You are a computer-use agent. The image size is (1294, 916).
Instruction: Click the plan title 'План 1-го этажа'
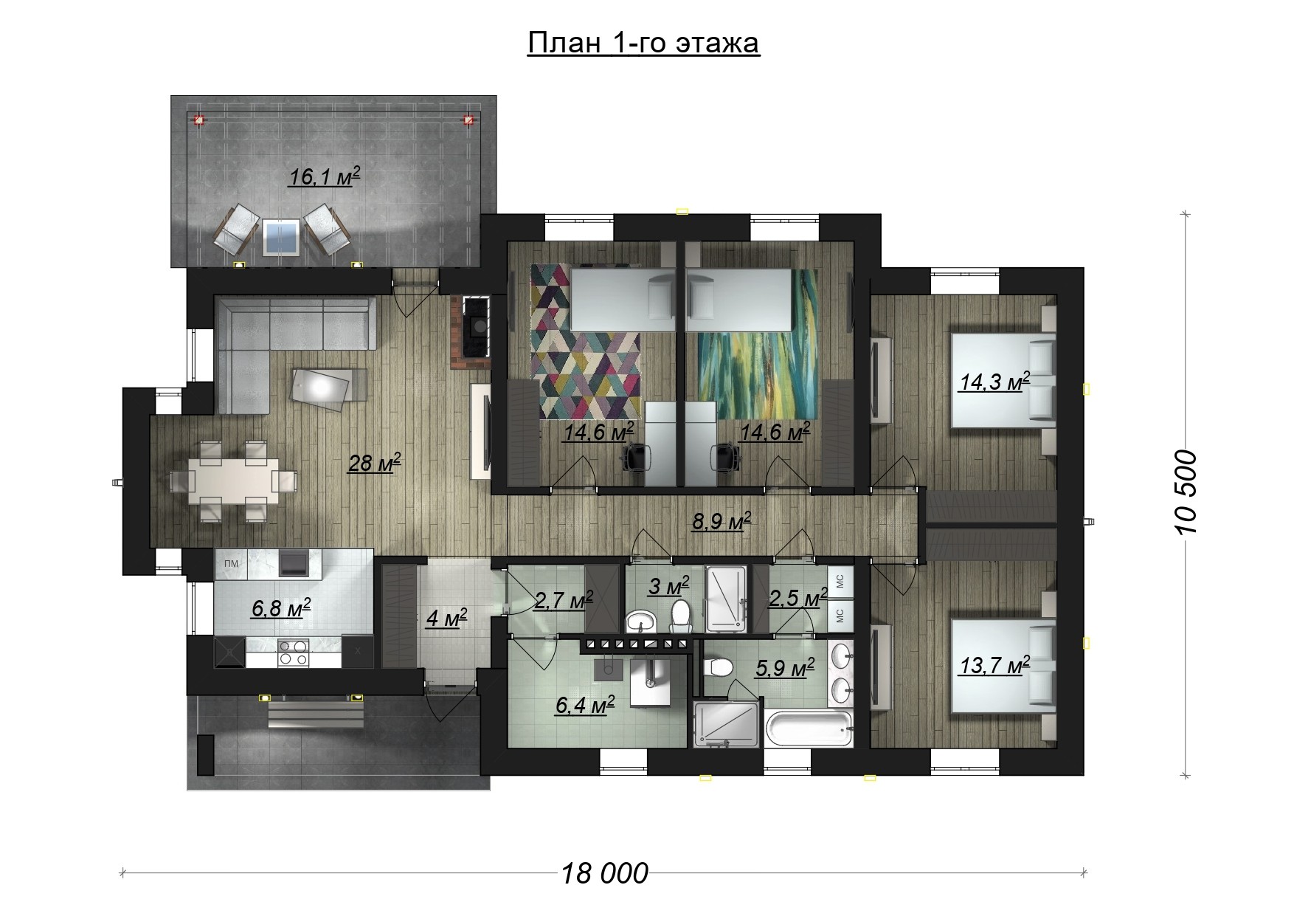643,43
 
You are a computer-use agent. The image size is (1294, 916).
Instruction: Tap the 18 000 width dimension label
605,873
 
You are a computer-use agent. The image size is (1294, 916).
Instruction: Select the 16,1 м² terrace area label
325,176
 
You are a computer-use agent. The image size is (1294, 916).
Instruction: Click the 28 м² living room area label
375,463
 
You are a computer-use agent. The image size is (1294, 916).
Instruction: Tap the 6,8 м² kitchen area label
281,608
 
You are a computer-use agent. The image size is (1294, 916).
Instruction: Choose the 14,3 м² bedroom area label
994,382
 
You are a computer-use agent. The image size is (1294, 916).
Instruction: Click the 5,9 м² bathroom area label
785,668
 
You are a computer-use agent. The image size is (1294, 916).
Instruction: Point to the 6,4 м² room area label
585,705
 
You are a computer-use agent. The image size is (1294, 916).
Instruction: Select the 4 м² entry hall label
447,618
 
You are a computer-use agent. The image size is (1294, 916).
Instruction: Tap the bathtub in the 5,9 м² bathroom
810,729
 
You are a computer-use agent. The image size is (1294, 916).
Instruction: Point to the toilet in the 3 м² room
680,615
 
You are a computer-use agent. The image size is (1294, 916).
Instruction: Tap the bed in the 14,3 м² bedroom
1003,380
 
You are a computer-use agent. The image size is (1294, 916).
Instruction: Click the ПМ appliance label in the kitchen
231,564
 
